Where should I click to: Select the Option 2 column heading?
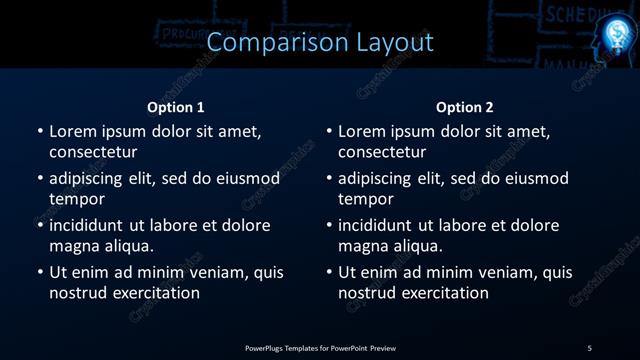(x=465, y=107)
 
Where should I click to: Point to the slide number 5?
(x=590, y=347)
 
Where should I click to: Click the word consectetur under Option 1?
(x=93, y=152)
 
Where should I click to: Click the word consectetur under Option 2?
(x=382, y=152)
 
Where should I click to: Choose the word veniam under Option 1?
(x=212, y=272)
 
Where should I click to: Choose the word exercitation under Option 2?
(x=442, y=293)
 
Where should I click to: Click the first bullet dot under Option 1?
(x=40, y=132)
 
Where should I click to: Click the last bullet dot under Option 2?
(x=329, y=273)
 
